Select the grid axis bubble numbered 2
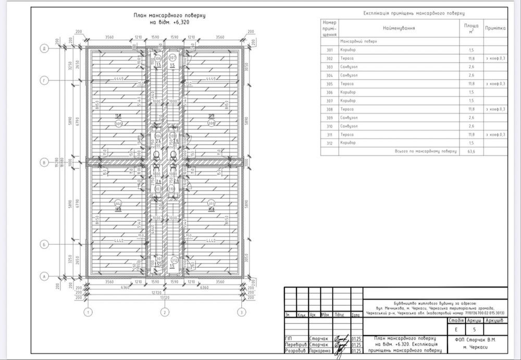click(x=165, y=312)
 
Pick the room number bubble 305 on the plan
click(x=118, y=123)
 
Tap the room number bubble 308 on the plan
click(x=211, y=123)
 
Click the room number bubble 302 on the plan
click(x=118, y=203)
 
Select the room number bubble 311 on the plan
click(x=211, y=203)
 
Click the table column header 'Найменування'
click(x=399, y=28)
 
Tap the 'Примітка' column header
click(x=495, y=28)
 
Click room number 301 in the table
click(x=329, y=49)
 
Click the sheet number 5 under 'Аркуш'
click(x=474, y=329)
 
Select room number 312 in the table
click(x=329, y=142)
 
